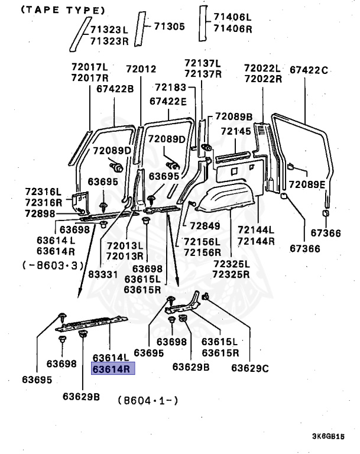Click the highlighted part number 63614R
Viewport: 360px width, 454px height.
pyautogui.click(x=112, y=369)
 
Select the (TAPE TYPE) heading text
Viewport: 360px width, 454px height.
pyautogui.click(x=55, y=10)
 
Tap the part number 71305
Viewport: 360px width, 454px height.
pyautogui.click(x=170, y=26)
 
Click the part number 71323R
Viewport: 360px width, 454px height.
pyautogui.click(x=109, y=40)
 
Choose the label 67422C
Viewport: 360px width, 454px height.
pyautogui.click(x=309, y=70)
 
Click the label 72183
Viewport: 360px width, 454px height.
pyautogui.click(x=171, y=87)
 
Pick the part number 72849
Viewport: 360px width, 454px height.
pyautogui.click(x=205, y=226)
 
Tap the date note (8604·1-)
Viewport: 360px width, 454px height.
pyautogui.click(x=148, y=400)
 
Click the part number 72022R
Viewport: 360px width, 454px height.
pyautogui.click(x=262, y=78)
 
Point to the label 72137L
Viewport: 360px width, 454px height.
pyautogui.click(x=203, y=63)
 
